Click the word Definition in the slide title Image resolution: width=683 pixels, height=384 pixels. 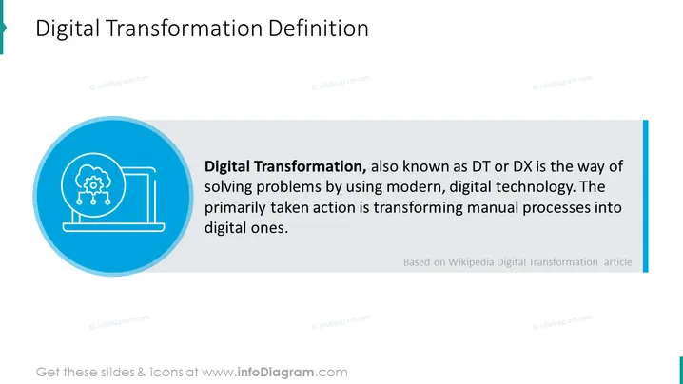tap(319, 29)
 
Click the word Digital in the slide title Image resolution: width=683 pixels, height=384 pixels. tap(68, 29)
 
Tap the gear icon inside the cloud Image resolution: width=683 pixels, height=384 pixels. tap(93, 186)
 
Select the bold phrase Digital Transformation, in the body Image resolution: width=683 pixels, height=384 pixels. tap(285, 166)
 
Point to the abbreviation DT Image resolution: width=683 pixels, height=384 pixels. tap(478, 166)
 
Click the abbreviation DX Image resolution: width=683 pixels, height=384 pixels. tap(522, 166)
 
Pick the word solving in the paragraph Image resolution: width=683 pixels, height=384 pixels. tap(227, 187)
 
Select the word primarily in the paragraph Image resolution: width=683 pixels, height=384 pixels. tap(235, 208)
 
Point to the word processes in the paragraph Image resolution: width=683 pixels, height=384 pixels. tap(556, 208)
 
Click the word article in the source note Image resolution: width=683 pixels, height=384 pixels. tap(617, 262)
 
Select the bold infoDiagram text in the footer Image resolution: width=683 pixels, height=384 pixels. tap(276, 373)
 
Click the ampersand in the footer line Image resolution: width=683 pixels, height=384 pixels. tap(142, 373)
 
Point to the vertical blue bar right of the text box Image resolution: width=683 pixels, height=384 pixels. tap(646, 197)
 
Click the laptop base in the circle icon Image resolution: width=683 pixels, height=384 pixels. tap(114, 227)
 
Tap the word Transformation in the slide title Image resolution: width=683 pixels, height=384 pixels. tap(184, 29)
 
